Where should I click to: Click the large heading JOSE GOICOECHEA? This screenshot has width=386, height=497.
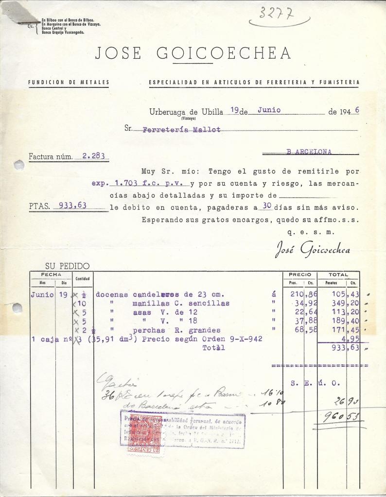[x=193, y=53]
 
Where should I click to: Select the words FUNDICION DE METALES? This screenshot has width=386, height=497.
[x=69, y=82]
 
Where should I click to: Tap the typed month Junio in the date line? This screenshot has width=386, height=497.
[x=269, y=110]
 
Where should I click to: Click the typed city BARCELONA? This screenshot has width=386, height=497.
[x=309, y=152]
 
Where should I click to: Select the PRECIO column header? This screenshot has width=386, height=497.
[x=299, y=274]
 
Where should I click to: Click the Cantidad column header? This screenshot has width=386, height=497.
[x=83, y=278]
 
